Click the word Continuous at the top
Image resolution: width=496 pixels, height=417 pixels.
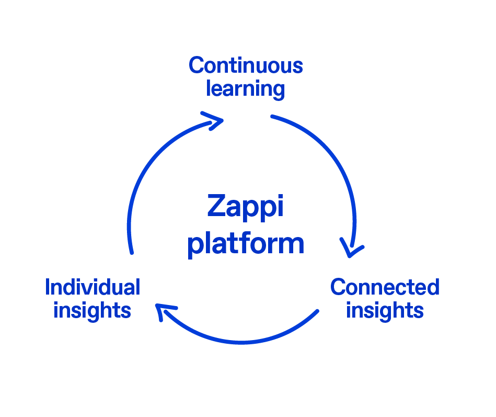click(x=246, y=66)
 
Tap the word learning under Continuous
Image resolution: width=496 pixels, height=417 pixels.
click(x=246, y=89)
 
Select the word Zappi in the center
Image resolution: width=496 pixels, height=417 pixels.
click(x=245, y=207)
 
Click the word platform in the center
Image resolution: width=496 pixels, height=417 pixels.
click(x=246, y=243)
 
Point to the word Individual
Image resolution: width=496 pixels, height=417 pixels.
click(x=93, y=287)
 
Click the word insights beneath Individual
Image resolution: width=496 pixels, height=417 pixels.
click(x=92, y=310)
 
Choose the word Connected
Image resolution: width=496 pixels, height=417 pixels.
click(x=385, y=287)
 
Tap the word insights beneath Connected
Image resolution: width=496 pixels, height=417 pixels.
click(x=385, y=310)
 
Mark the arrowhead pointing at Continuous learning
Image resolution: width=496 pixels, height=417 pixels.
click(x=215, y=120)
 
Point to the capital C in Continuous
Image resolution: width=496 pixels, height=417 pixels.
click(x=196, y=66)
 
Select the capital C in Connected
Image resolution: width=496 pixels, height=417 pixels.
click(x=338, y=287)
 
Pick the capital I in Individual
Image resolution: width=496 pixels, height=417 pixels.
click(x=48, y=287)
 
